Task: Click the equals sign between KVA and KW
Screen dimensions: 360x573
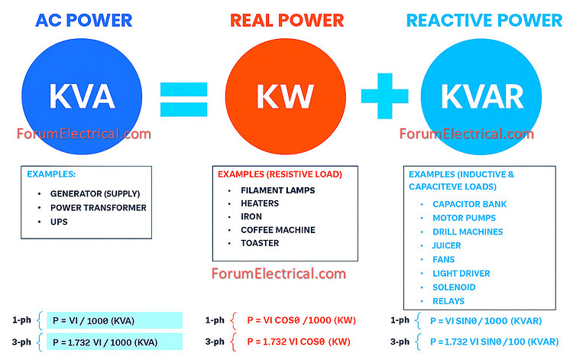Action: (x=184, y=99)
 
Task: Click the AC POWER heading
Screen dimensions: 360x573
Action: (x=83, y=20)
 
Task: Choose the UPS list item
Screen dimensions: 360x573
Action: (x=59, y=221)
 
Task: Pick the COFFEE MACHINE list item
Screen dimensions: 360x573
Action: (x=277, y=229)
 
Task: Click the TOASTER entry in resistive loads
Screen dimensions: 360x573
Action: (x=260, y=243)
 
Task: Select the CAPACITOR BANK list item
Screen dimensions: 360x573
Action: (x=469, y=204)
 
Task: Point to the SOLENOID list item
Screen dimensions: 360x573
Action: (x=454, y=287)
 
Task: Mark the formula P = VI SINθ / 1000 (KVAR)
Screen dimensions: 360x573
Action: (x=491, y=320)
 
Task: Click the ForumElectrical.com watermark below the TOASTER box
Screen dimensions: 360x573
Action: (x=278, y=274)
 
